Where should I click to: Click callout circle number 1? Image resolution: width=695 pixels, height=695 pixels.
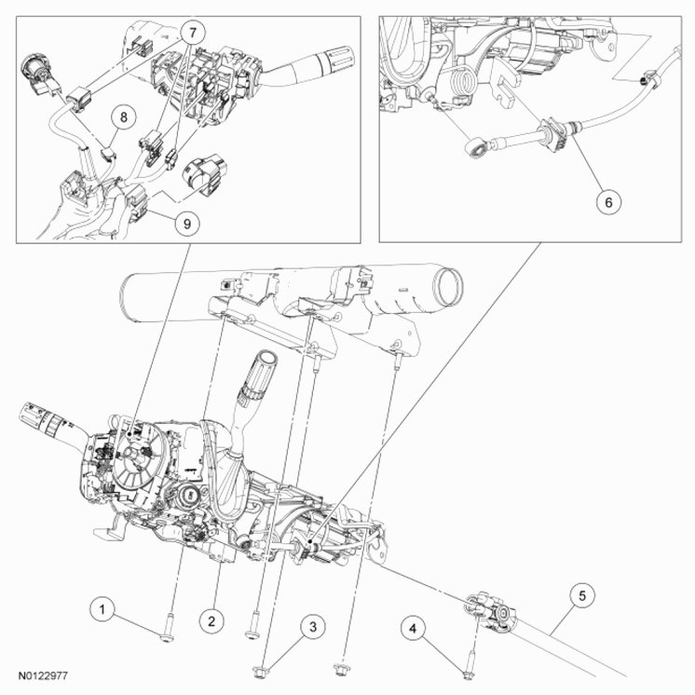coord(103,609)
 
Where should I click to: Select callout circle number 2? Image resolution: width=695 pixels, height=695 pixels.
coord(212,620)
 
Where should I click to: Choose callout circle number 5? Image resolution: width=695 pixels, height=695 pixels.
coord(582,593)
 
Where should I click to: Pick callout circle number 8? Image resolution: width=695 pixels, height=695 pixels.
coord(124,117)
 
